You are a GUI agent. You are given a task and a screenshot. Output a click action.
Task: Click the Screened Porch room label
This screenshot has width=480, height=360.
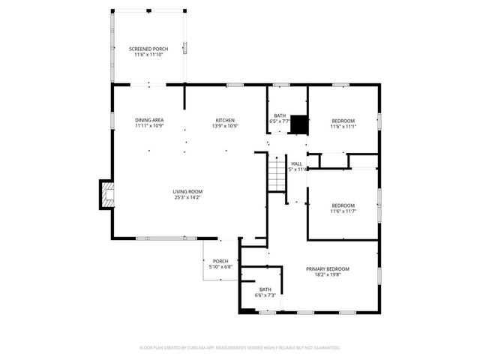click(148, 49)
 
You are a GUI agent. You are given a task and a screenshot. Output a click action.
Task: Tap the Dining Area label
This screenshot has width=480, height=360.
click(149, 120)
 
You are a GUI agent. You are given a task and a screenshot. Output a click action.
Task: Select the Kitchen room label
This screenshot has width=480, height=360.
click(226, 120)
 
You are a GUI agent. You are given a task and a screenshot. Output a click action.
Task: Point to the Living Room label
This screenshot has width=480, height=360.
click(188, 191)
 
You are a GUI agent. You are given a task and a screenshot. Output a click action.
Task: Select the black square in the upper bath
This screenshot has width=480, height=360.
click(300, 124)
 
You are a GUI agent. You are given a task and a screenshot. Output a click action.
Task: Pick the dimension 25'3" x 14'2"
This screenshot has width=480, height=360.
click(188, 197)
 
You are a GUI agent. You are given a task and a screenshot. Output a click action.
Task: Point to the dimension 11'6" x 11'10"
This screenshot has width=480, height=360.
click(148, 55)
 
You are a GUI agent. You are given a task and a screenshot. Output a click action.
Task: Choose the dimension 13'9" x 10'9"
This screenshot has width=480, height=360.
click(226, 126)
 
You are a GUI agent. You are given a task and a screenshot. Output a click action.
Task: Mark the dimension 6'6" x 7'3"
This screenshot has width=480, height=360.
click(265, 295)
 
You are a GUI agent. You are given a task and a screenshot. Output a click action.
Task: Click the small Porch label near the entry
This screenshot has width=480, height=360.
click(220, 261)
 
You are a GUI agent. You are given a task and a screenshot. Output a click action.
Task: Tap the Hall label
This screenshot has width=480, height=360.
click(296, 163)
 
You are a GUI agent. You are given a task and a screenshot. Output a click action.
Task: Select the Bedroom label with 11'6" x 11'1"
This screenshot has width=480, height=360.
click(343, 121)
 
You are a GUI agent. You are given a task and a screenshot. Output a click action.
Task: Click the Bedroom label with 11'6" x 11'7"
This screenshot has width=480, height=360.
click(343, 205)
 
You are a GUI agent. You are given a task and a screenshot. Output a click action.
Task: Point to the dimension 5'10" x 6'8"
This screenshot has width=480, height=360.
click(220, 267)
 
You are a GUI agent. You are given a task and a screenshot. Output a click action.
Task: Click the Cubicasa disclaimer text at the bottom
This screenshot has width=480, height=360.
click(240, 347)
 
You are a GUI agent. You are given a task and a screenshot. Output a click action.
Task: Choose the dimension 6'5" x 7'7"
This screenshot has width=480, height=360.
click(279, 121)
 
